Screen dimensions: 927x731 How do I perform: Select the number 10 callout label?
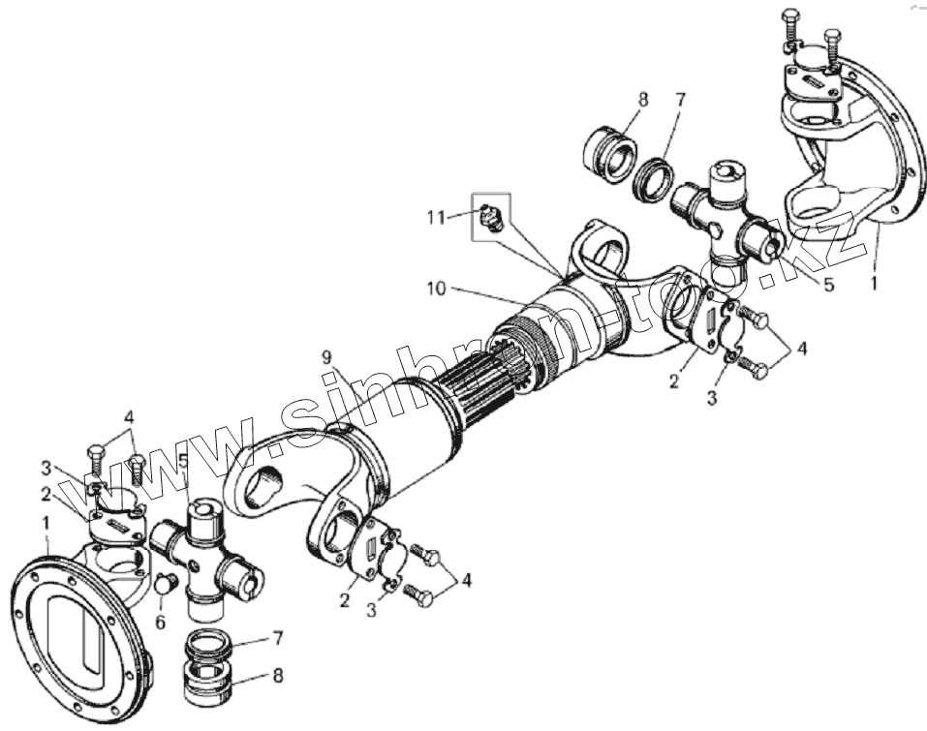(437, 288)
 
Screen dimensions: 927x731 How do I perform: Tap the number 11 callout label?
(437, 218)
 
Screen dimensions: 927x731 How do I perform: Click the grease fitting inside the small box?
(488, 217)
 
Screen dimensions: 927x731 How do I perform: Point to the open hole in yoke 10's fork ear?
(606, 255)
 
